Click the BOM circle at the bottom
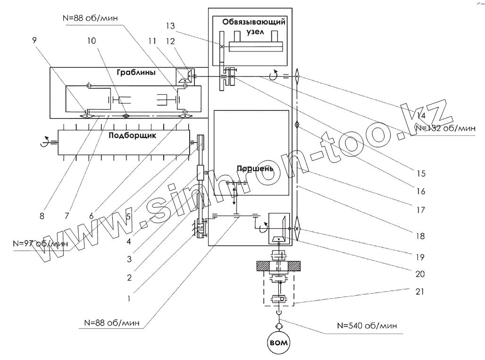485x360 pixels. tap(278, 342)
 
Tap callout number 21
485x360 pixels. tap(419, 292)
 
